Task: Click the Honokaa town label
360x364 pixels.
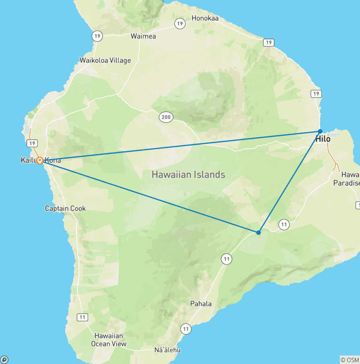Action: pyautogui.click(x=205, y=19)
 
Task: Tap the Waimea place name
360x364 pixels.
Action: pyautogui.click(x=143, y=36)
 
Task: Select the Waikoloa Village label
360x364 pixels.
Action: pyautogui.click(x=105, y=61)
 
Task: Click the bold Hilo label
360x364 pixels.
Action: pyautogui.click(x=322, y=139)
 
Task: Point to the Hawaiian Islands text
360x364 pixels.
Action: pyautogui.click(x=188, y=174)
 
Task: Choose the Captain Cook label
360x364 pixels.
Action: pyautogui.click(x=65, y=208)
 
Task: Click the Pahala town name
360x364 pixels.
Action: pyautogui.click(x=201, y=303)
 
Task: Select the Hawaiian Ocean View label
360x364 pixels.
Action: pyautogui.click(x=109, y=340)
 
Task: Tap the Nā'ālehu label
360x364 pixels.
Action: pyautogui.click(x=167, y=350)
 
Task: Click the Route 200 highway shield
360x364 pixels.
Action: pyautogui.click(x=165, y=118)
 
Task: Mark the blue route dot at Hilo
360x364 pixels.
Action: pyautogui.click(x=320, y=131)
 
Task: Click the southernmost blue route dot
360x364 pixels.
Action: pyautogui.click(x=258, y=232)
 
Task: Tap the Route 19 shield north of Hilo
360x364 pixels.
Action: pyautogui.click(x=317, y=94)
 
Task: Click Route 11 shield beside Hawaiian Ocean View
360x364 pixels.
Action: pyautogui.click(x=82, y=317)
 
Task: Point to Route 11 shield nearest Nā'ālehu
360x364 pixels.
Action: pyautogui.click(x=186, y=329)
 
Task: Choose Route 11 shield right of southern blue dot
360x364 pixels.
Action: pyautogui.click(x=284, y=225)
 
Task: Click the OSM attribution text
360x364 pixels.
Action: pyautogui.click(x=349, y=360)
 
